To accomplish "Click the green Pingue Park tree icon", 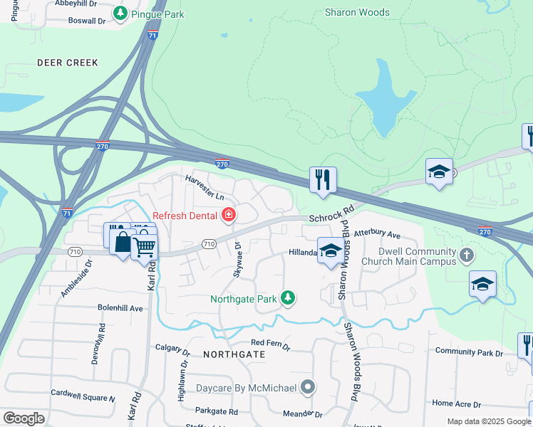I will pyautogui.click(x=121, y=14).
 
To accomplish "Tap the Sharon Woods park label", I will pyautogui.click(x=357, y=12).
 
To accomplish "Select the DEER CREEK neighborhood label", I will pyautogui.click(x=68, y=63).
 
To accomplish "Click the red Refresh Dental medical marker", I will pyautogui.click(x=229, y=214).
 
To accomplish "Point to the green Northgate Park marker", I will pyautogui.click(x=287, y=298).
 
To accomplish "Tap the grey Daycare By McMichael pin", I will pyautogui.click(x=308, y=388).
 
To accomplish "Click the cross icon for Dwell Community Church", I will pyautogui.click(x=466, y=255).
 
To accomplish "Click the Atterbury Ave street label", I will pyautogui.click(x=378, y=233).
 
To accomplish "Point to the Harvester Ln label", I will pyautogui.click(x=205, y=186).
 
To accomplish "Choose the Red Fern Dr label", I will pyautogui.click(x=270, y=345).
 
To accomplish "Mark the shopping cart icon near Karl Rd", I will pyautogui.click(x=145, y=247).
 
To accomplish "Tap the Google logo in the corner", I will pyautogui.click(x=24, y=418).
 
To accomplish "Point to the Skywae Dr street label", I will pyautogui.click(x=237, y=260).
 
